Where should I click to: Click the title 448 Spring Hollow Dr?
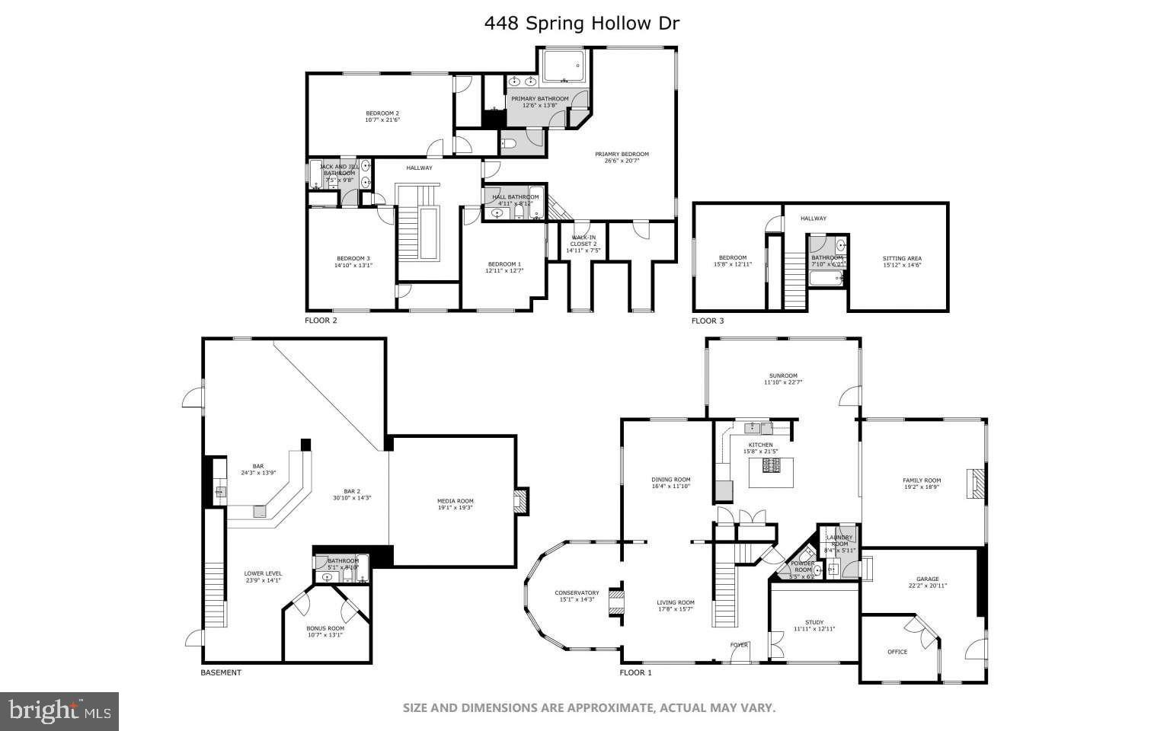581,23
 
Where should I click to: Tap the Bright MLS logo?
59,712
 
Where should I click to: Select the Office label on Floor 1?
897,652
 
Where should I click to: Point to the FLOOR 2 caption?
321,321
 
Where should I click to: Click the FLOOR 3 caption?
708,321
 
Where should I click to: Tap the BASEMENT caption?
221,672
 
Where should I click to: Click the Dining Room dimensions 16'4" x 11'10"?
670,486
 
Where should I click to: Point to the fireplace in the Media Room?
521,501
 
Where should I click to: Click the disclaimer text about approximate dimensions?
589,708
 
